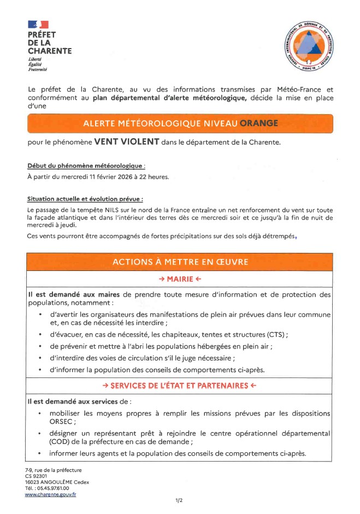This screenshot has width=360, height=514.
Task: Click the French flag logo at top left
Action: (38, 25)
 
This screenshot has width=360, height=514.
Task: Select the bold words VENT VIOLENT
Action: (127, 142)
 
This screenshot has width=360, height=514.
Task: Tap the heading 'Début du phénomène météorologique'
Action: (86, 166)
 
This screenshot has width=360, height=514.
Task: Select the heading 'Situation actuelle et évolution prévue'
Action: (88, 199)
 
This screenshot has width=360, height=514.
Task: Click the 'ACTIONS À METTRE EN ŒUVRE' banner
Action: (180, 262)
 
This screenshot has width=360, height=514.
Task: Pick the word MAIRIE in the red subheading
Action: (180, 279)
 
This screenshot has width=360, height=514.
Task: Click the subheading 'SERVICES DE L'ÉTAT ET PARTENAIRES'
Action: (180, 386)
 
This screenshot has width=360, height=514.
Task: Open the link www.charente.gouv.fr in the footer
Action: (50, 494)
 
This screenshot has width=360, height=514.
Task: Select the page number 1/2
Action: (179, 500)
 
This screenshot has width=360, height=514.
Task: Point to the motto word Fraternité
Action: (38, 69)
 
